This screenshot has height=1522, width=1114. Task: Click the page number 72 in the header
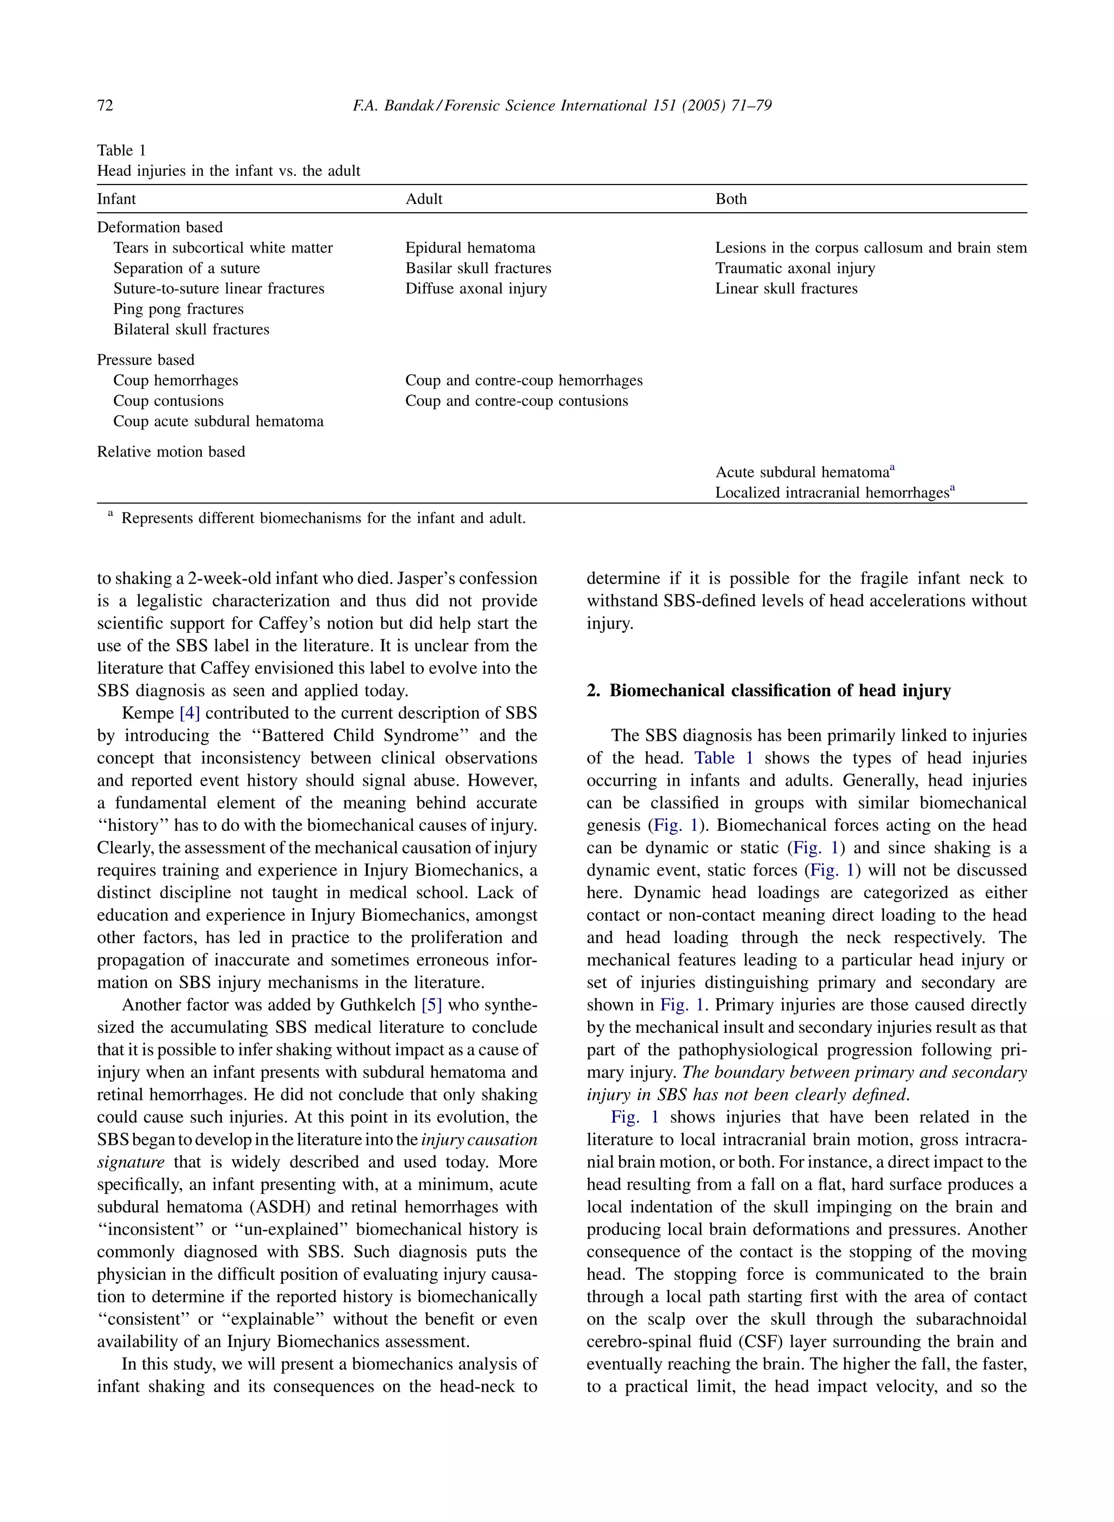click(105, 105)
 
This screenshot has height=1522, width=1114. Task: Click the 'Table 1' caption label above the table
click(121, 150)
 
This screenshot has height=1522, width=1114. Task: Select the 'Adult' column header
click(424, 199)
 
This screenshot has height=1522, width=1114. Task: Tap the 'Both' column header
click(731, 199)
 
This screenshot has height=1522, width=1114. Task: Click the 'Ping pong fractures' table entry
click(178, 309)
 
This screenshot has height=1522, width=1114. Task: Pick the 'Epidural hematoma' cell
click(470, 248)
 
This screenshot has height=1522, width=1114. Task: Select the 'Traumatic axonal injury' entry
click(795, 268)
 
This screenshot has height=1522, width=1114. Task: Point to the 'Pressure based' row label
click(146, 360)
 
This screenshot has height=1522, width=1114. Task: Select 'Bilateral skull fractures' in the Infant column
click(191, 329)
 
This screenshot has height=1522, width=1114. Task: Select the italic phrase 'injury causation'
click(479, 1139)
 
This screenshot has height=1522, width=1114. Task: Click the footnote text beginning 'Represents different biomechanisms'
click(323, 518)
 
